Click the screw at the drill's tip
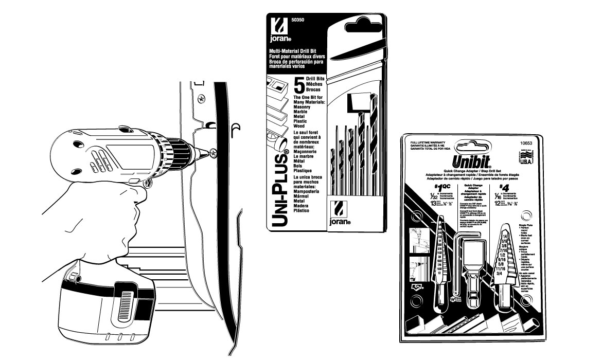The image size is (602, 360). (213, 152)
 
